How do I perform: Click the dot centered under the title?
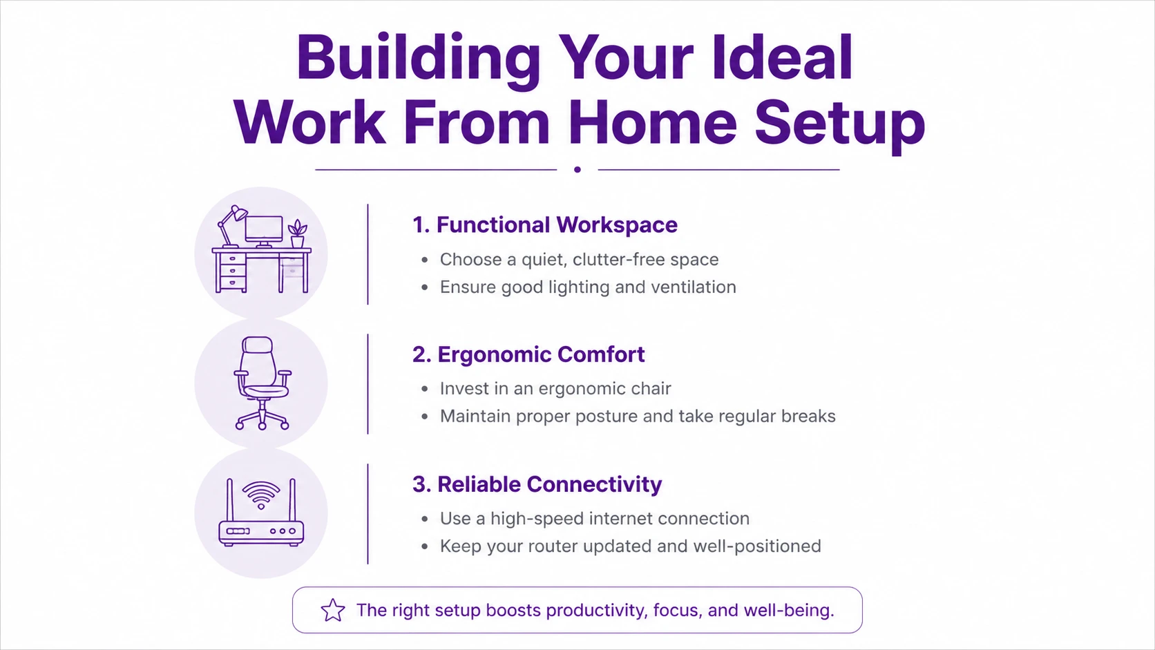pyautogui.click(x=577, y=170)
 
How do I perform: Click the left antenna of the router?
pyautogui.click(x=230, y=500)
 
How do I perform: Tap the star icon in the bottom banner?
pyautogui.click(x=333, y=611)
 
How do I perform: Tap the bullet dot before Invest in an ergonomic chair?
pyautogui.click(x=424, y=389)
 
